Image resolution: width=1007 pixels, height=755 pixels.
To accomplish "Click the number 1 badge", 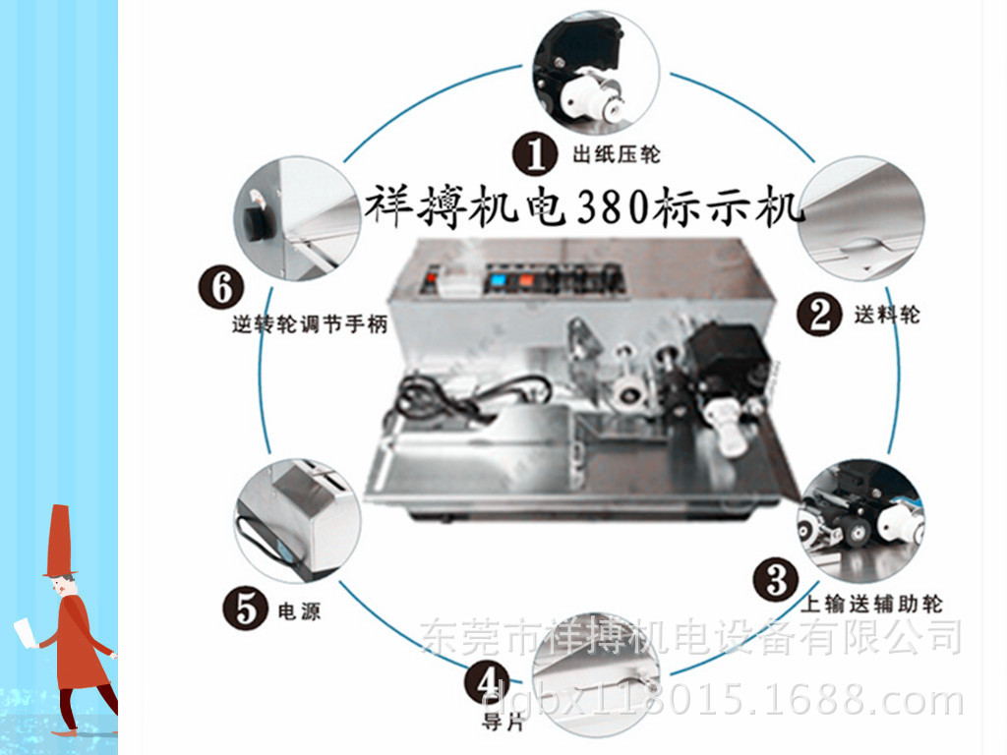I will (x=536, y=153).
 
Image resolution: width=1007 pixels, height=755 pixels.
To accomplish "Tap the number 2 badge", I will (x=819, y=314).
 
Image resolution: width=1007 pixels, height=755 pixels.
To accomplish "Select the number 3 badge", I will (x=776, y=581).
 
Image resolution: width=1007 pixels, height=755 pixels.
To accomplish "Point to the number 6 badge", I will (x=221, y=287).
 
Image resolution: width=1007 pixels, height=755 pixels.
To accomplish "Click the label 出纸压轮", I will (x=616, y=154).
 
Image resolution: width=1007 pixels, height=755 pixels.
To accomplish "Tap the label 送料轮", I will (x=887, y=315).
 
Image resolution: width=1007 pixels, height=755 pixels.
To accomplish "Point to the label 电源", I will (x=299, y=612).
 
